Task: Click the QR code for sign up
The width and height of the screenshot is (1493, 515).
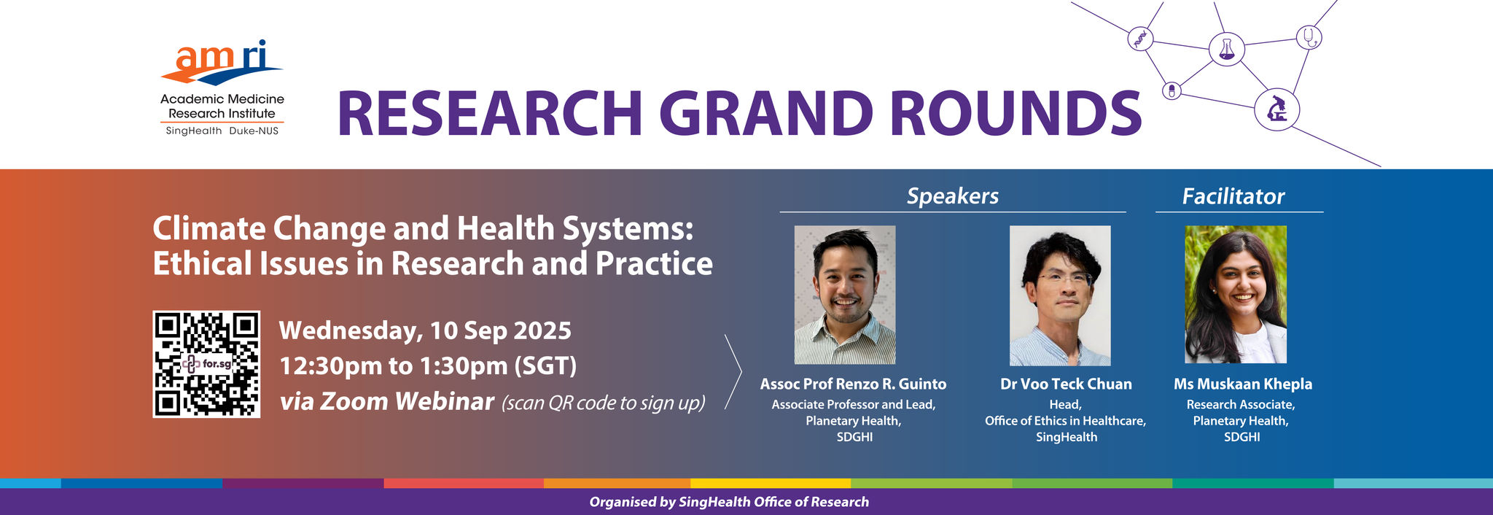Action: pyautogui.click(x=206, y=364)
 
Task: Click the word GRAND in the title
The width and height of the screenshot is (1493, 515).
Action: pyautogui.click(x=765, y=114)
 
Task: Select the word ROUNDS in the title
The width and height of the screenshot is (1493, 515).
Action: pyautogui.click(x=1016, y=114)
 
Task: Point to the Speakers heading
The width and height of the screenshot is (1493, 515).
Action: pyautogui.click(x=953, y=195)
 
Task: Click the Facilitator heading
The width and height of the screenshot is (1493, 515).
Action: pyautogui.click(x=1233, y=196)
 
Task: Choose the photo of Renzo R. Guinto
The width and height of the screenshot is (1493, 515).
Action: pyautogui.click(x=845, y=295)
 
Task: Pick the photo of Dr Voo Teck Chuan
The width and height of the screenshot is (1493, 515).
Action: pyautogui.click(x=1060, y=295)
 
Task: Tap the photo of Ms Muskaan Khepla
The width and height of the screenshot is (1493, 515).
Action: pyautogui.click(x=1236, y=295)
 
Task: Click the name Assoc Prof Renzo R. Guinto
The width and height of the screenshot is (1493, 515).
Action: pyautogui.click(x=853, y=384)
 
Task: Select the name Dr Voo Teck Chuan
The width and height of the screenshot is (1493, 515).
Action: pyautogui.click(x=1066, y=384)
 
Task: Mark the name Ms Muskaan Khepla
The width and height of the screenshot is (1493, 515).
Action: pyautogui.click(x=1243, y=384)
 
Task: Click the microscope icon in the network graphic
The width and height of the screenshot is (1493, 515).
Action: pyautogui.click(x=1276, y=110)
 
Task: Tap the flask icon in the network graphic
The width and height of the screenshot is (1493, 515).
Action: pyautogui.click(x=1226, y=49)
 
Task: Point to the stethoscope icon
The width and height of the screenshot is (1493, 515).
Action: pyautogui.click(x=1309, y=36)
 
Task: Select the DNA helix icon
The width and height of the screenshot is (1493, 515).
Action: pyautogui.click(x=1140, y=38)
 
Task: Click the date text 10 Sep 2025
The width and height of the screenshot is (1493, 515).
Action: pyautogui.click(x=501, y=330)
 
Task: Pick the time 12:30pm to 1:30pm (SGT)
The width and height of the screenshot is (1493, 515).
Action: pyautogui.click(x=428, y=365)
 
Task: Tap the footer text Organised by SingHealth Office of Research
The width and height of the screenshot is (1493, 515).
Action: pyautogui.click(x=729, y=502)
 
